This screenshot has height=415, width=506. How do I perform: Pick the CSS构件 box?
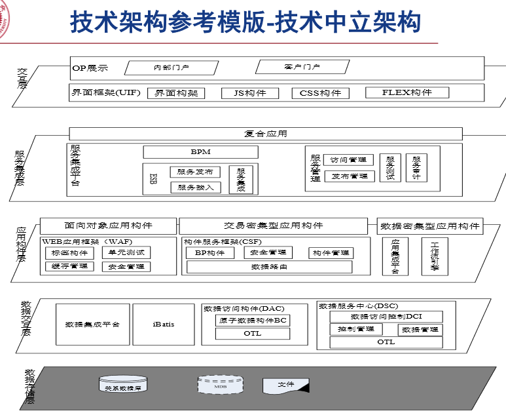[x=320, y=93]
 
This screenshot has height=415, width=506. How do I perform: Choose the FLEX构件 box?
[x=407, y=92]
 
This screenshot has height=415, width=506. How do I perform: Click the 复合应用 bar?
[x=265, y=134]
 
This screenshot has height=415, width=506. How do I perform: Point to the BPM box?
[x=200, y=152]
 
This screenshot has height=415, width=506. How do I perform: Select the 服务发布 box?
[x=195, y=172]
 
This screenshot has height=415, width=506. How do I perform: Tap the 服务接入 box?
[x=195, y=188]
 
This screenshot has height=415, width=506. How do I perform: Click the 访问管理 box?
[x=348, y=160]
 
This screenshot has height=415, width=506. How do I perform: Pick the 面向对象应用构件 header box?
[x=108, y=226]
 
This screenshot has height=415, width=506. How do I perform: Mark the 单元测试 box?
[x=126, y=252]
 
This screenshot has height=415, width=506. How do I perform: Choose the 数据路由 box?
[x=269, y=267]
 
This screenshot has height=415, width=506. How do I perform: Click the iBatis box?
[x=164, y=325]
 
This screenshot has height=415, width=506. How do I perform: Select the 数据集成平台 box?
[x=92, y=325]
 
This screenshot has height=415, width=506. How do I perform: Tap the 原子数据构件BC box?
[x=252, y=321]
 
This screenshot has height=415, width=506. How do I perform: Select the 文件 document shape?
[x=285, y=385]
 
